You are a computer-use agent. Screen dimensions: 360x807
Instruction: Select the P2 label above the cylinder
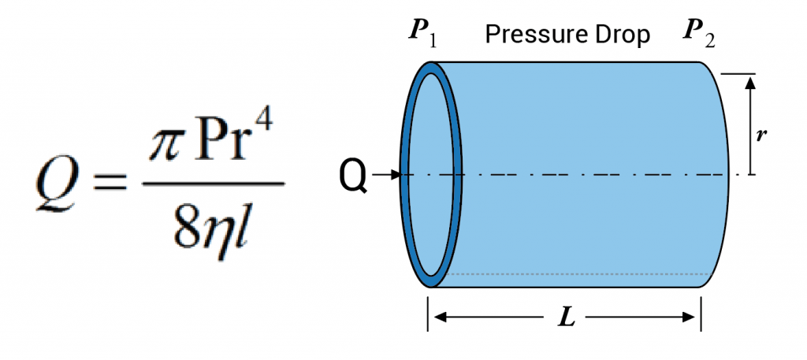(x=699, y=35)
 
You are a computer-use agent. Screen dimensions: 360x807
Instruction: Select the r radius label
(x=761, y=135)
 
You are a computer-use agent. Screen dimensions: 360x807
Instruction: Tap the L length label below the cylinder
(x=565, y=318)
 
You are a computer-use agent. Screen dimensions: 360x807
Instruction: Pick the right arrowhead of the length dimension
(x=691, y=317)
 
